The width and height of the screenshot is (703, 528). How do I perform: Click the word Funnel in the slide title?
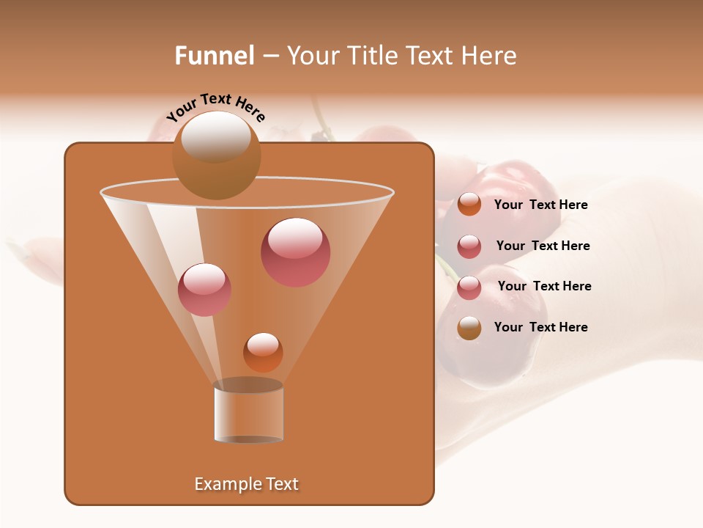click(214, 56)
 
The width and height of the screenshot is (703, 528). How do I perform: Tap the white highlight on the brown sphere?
click(216, 136)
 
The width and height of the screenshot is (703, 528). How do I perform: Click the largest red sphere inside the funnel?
click(296, 252)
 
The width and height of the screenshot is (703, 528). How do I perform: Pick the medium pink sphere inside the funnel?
click(204, 290)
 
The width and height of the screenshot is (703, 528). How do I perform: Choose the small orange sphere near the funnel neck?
click(263, 352)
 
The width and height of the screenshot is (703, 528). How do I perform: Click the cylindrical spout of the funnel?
click(248, 414)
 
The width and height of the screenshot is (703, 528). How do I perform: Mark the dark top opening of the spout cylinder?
click(248, 385)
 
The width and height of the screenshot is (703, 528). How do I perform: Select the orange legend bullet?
click(469, 205)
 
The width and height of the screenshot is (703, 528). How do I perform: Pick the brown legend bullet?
click(469, 328)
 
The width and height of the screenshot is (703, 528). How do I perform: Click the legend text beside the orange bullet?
click(540, 205)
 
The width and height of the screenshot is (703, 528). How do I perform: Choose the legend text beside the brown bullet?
click(540, 327)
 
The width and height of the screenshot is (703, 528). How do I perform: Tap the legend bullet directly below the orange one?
click(469, 246)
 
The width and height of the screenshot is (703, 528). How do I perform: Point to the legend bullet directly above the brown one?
click(469, 287)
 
